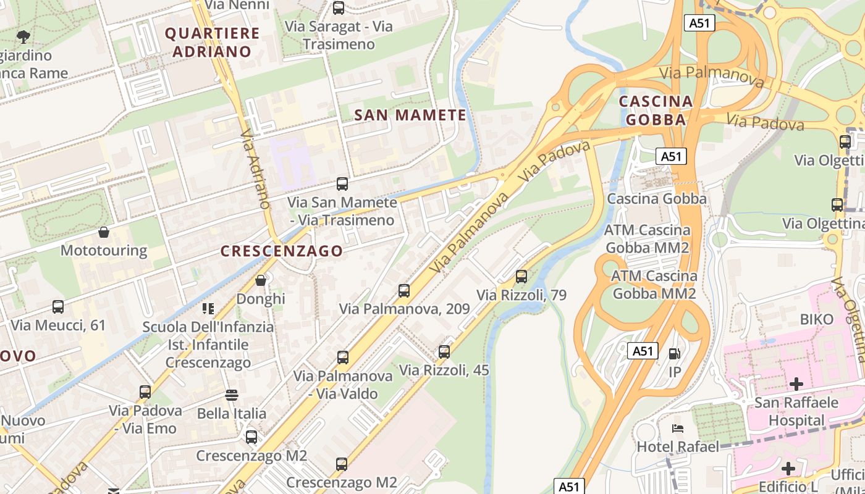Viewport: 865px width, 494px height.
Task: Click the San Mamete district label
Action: tap(410, 115)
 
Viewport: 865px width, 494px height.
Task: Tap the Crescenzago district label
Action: tap(281, 251)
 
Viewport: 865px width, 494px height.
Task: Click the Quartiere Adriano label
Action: tap(212, 42)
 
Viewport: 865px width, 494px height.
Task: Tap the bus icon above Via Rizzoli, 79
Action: tap(521, 276)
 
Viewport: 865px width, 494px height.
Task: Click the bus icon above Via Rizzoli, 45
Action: tap(444, 352)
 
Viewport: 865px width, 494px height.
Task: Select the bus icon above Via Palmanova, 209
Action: tap(404, 290)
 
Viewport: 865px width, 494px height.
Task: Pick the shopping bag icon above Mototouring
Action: tap(104, 232)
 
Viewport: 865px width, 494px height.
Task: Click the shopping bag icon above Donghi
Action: tap(261, 280)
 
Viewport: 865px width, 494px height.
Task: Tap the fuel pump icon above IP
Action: tap(675, 354)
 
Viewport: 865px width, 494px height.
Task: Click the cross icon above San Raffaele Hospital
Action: tap(796, 384)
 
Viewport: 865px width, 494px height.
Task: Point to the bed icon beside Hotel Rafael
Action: tap(678, 428)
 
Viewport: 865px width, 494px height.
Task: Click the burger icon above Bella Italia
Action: tap(232, 395)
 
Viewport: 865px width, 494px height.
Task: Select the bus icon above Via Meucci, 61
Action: tap(58, 306)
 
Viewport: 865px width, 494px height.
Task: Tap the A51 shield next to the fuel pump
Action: tap(643, 351)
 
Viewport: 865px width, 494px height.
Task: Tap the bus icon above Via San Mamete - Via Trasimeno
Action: tap(342, 183)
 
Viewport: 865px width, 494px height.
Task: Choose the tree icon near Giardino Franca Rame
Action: tap(23, 36)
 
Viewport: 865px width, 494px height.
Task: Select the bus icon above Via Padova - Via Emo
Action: tap(145, 391)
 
